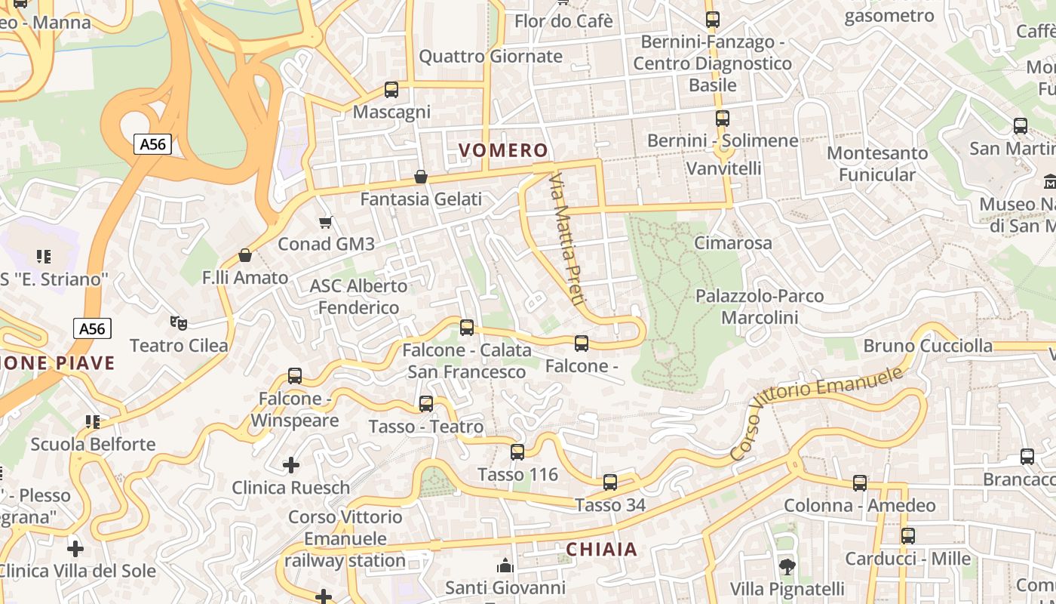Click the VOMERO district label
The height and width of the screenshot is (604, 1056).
502,149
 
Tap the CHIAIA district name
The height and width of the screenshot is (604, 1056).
601,549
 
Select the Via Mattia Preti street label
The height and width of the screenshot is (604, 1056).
567,239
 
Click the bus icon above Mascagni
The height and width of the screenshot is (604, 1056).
391,90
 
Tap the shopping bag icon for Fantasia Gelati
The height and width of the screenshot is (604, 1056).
421,177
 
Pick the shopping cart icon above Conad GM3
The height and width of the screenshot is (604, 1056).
326,222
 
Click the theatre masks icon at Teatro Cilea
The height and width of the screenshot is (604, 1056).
179,323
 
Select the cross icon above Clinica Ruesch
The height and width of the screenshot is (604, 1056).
290,465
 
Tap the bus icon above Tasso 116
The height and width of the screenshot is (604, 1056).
517,452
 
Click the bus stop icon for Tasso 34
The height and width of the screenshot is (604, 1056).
610,482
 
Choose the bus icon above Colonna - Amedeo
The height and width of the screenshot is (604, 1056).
860,483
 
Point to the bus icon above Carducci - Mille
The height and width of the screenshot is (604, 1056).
908,536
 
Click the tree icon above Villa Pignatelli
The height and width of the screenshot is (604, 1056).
787,566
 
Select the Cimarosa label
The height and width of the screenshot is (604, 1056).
733,242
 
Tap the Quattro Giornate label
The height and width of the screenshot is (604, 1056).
490,56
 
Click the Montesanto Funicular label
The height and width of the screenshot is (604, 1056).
877,164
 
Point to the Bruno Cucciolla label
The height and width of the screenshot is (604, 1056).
928,346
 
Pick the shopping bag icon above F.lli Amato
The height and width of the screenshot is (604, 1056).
244,255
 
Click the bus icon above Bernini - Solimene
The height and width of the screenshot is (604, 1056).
723,119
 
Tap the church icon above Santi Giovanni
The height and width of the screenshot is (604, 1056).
505,565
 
